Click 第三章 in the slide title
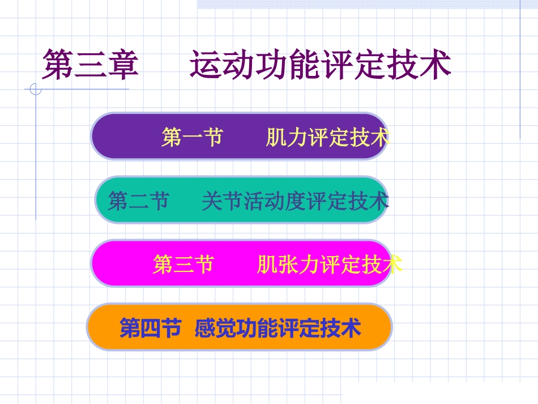coord(91,64)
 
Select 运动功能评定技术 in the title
coord(320,64)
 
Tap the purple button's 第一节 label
coord(192,137)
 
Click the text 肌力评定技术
coord(327,137)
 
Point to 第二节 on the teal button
coord(138,201)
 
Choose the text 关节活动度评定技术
coord(295,201)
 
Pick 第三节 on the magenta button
coord(183,264)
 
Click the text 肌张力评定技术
coord(329,264)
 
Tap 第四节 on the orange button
coord(150,328)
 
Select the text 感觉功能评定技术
coord(277,328)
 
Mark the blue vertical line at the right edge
coord(520,68)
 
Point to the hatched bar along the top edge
coord(362,4)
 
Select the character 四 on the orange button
coord(150,328)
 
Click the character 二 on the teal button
coord(138,201)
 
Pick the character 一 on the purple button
coord(192,137)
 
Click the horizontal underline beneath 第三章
coord(85,89)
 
